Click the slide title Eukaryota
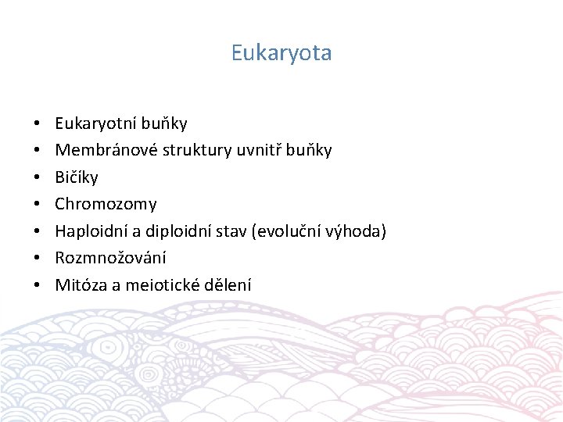(281, 53)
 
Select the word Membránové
(106, 150)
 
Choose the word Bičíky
(77, 177)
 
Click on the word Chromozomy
(106, 204)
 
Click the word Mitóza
(81, 285)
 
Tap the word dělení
(227, 285)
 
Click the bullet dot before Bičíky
(38, 178)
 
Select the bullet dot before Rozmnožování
(38, 259)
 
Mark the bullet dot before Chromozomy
(38, 205)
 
